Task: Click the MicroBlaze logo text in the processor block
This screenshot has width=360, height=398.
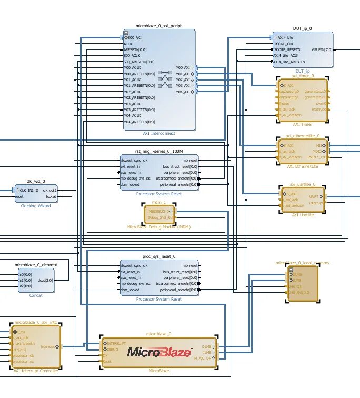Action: coord(158,352)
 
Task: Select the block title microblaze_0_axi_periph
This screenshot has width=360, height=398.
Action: coord(159,26)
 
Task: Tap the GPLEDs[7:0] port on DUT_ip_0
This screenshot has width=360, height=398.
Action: coord(322,50)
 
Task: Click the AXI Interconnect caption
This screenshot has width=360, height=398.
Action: coord(159,133)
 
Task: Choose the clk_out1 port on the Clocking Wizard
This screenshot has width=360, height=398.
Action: coord(49,190)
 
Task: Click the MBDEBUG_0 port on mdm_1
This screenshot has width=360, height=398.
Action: coord(159,211)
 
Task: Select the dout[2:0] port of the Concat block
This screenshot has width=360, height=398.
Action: coord(45,280)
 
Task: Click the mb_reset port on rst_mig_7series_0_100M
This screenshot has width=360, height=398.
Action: coord(190,160)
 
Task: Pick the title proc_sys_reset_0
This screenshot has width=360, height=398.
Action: coord(159,256)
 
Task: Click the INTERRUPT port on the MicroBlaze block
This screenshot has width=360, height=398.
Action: coord(117,343)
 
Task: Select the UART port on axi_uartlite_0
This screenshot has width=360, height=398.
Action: coord(321,196)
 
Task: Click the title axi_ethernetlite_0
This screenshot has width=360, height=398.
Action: coord(303,135)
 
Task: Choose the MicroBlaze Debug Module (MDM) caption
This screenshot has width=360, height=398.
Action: coord(159,227)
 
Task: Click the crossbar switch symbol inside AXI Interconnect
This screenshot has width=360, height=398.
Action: coord(165,80)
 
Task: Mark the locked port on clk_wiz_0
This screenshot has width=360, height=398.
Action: coord(51,196)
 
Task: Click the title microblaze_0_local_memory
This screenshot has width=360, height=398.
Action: coord(302,262)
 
